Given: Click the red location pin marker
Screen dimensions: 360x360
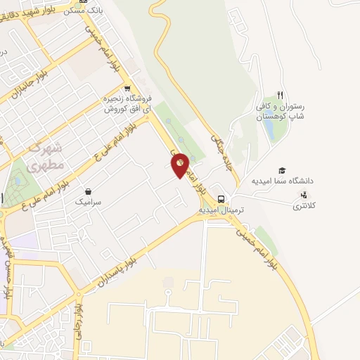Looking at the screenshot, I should point(180,165).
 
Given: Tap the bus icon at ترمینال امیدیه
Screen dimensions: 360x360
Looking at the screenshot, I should point(221,198).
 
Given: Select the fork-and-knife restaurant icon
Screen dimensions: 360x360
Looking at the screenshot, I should point(280,95).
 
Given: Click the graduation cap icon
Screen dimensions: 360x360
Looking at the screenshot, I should point(282,171).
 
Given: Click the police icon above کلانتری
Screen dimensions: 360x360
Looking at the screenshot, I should point(304,195).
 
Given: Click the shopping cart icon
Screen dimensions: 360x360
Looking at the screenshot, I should point(127,89).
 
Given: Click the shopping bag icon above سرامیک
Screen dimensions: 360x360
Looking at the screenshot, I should point(89,191).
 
